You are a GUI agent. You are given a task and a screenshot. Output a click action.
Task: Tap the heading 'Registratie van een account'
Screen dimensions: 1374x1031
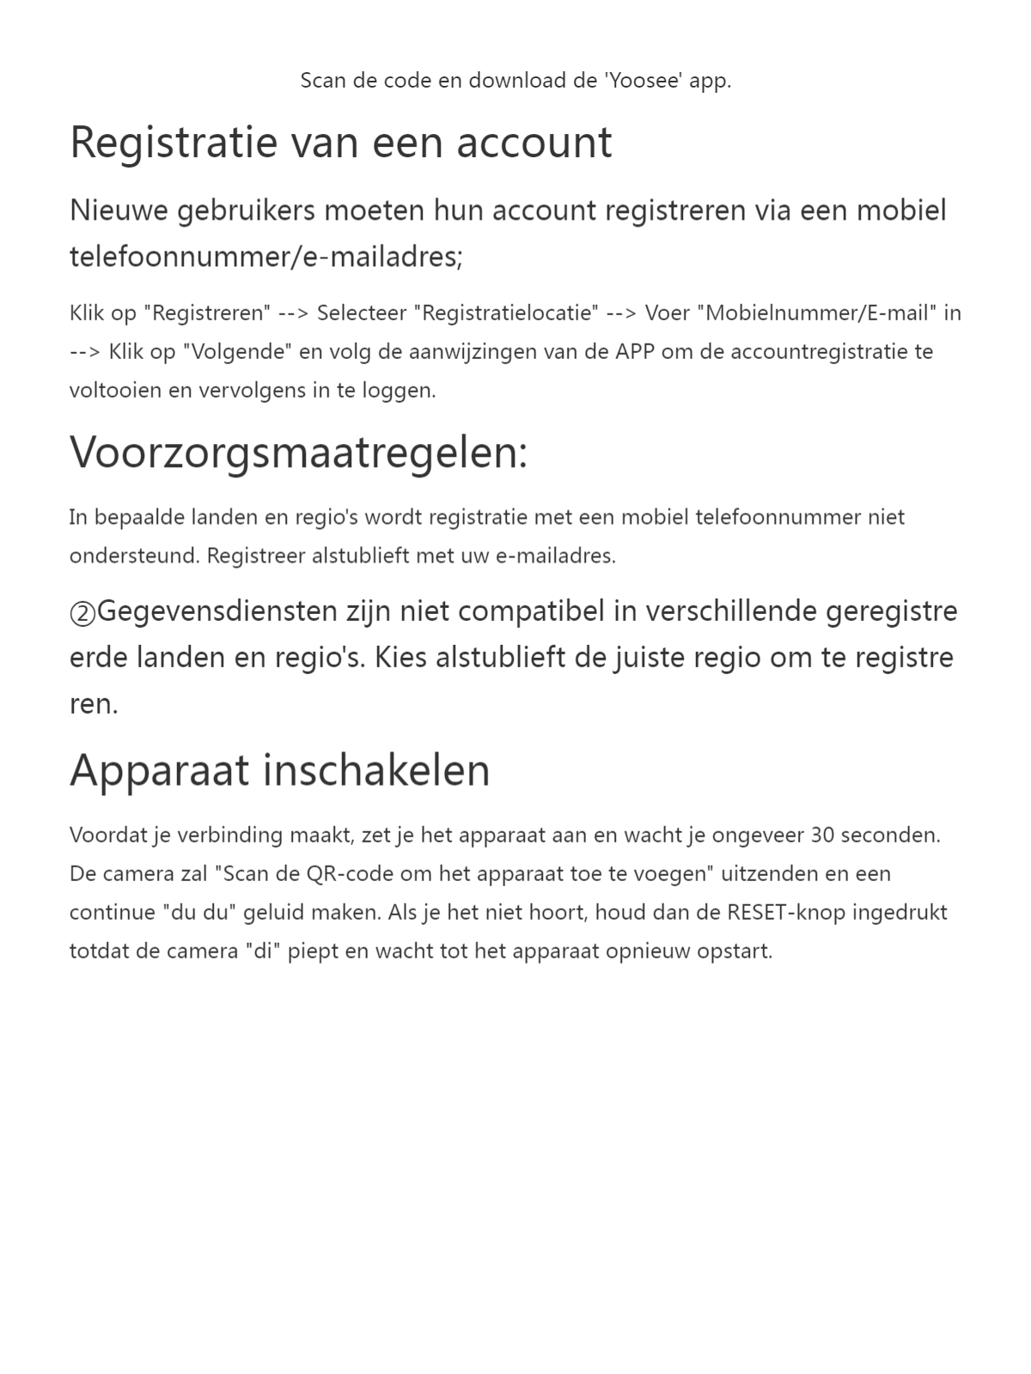(x=340, y=143)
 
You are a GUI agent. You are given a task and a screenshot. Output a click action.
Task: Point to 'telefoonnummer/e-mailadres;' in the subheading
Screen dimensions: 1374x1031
(x=265, y=257)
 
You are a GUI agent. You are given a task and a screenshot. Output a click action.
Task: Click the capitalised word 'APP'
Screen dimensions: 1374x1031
(x=635, y=351)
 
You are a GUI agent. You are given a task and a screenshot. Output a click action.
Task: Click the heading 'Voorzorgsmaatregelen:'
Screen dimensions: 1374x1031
(x=298, y=452)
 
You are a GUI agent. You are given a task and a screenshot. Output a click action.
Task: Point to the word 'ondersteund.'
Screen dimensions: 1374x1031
(x=135, y=556)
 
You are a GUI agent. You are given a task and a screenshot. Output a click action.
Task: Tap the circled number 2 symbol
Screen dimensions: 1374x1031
(x=82, y=613)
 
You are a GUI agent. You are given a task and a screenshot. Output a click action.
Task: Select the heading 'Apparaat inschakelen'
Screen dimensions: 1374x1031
(x=279, y=769)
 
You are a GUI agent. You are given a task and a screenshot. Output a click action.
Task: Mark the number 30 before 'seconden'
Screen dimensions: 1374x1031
(x=822, y=835)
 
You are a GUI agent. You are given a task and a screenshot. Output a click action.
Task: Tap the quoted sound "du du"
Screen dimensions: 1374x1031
(x=199, y=912)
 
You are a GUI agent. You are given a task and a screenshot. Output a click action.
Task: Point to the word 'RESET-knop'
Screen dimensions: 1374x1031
(x=785, y=912)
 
